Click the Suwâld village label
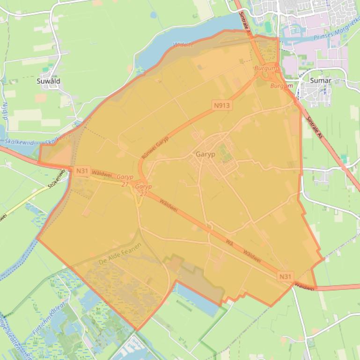(x=48, y=81)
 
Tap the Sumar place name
(x=321, y=80)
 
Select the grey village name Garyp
(x=206, y=154)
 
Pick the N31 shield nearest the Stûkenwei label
(x=82, y=171)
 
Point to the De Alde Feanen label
(x=120, y=255)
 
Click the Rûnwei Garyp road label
(x=154, y=150)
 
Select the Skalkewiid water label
(x=19, y=142)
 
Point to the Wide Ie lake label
(x=183, y=45)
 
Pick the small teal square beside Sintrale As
(x=344, y=159)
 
